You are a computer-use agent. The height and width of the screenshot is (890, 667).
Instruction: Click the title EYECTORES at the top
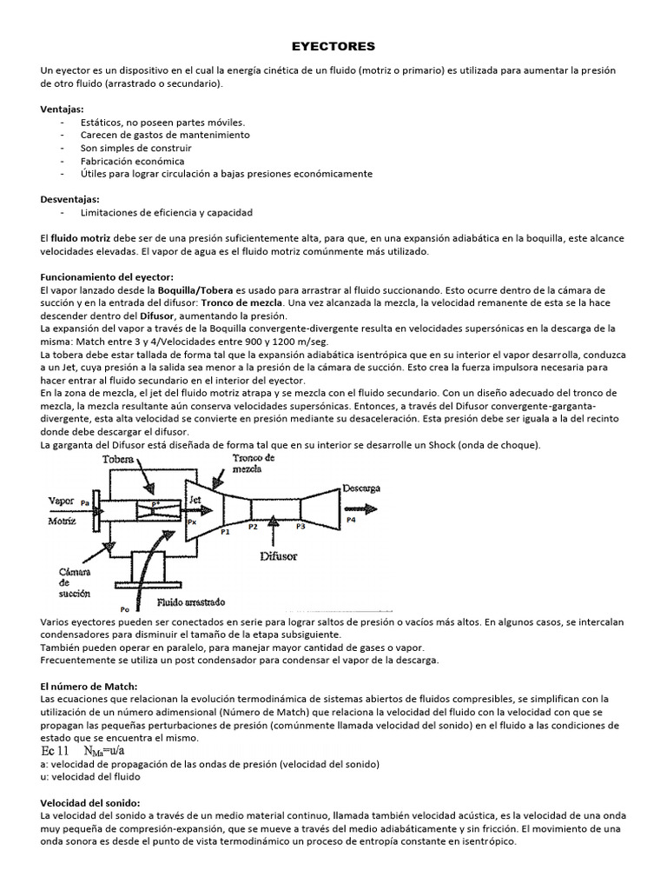333,44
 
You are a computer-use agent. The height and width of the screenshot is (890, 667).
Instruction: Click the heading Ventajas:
63,110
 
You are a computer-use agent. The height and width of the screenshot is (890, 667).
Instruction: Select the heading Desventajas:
70,199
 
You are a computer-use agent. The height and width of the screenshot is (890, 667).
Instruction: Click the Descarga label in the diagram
361,488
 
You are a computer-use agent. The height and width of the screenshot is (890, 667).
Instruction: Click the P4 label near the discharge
351,520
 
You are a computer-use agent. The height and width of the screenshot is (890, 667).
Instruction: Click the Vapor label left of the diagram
61,501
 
